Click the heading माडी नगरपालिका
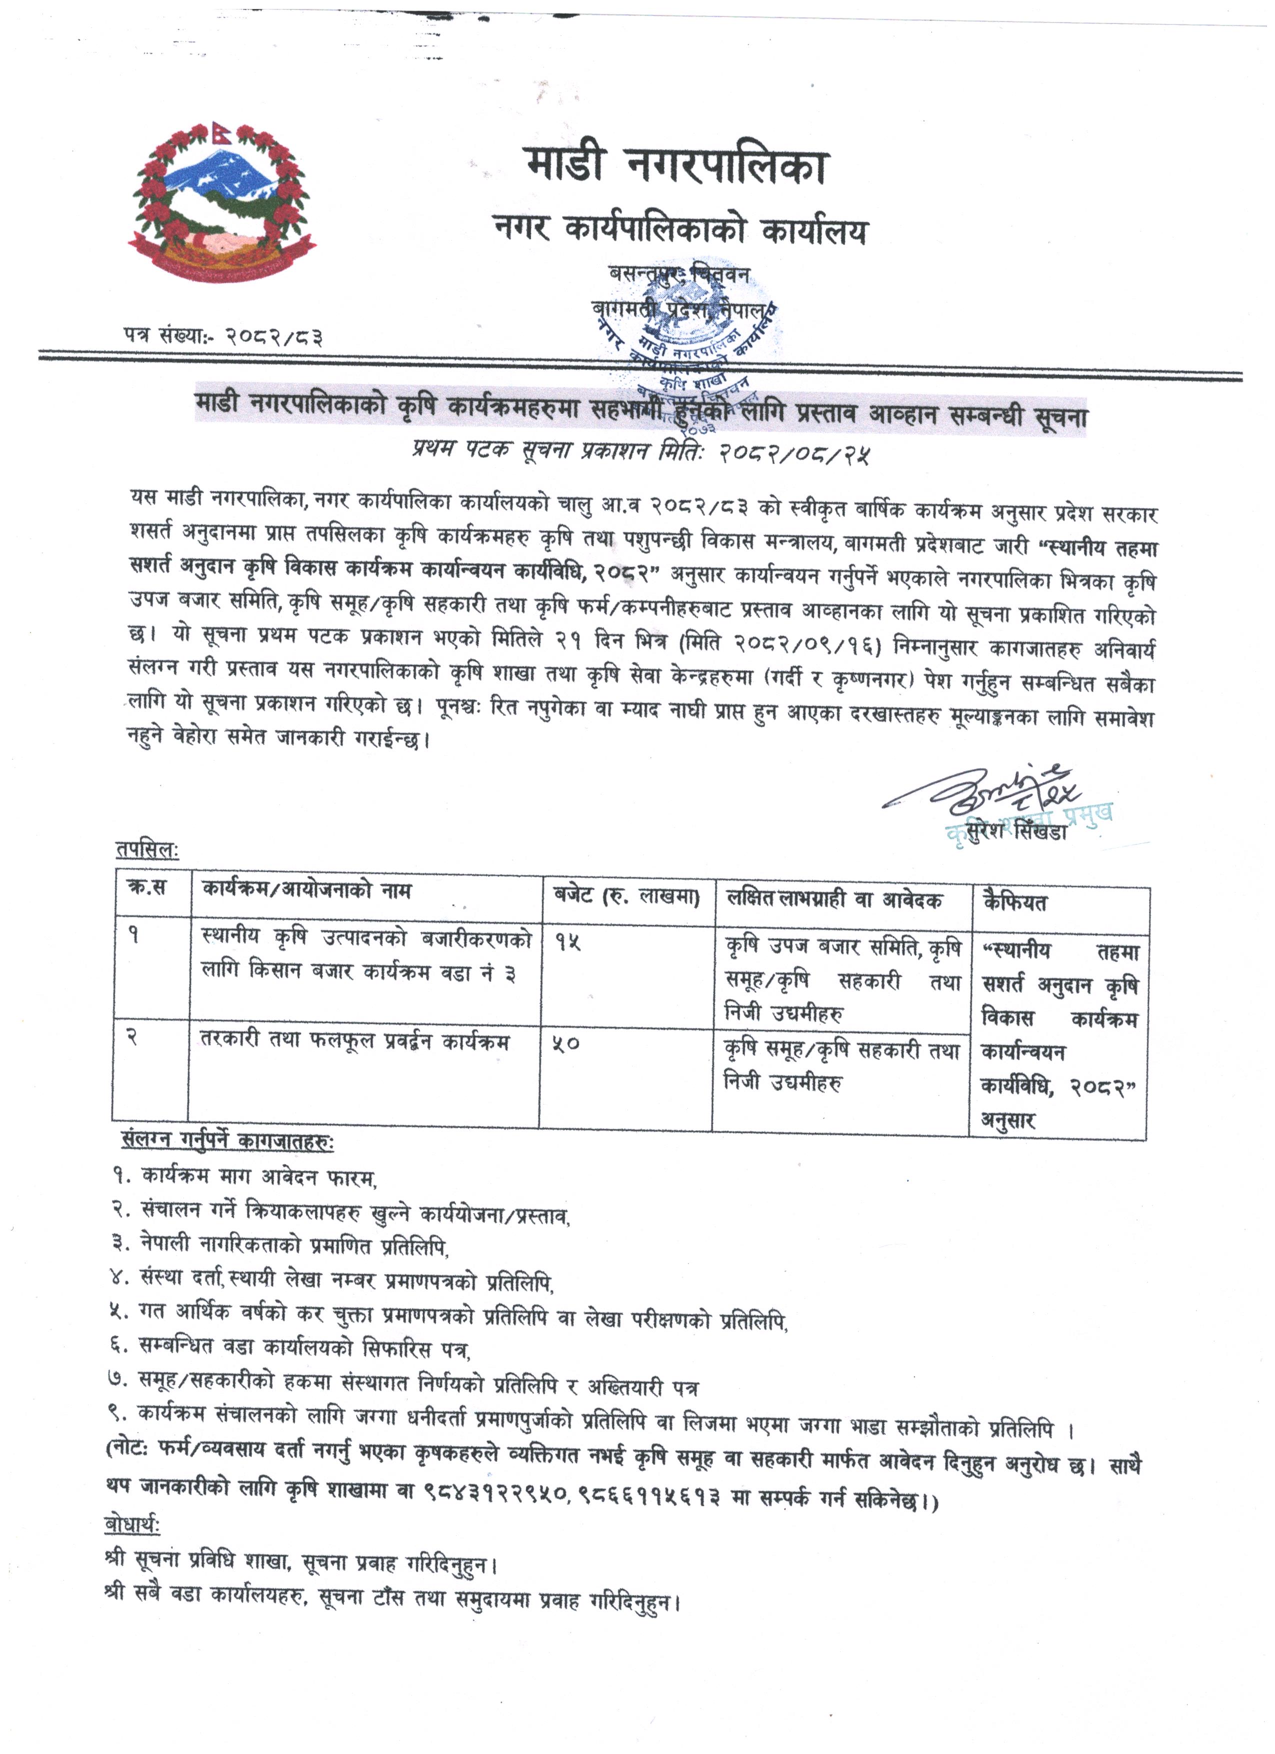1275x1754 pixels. tap(676, 164)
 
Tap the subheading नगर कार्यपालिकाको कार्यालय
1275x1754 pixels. tap(681, 229)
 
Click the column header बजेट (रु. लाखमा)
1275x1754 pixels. tap(627, 897)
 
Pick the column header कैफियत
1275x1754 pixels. tap(1015, 901)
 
